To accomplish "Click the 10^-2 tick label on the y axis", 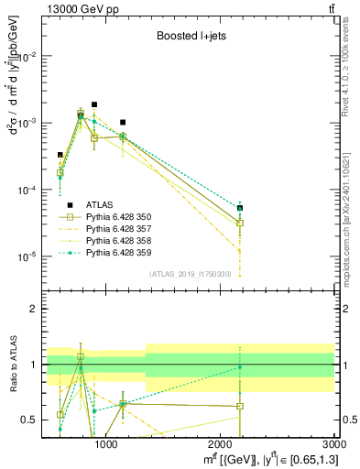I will coord(29,56).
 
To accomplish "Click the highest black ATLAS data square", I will coord(94,104).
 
